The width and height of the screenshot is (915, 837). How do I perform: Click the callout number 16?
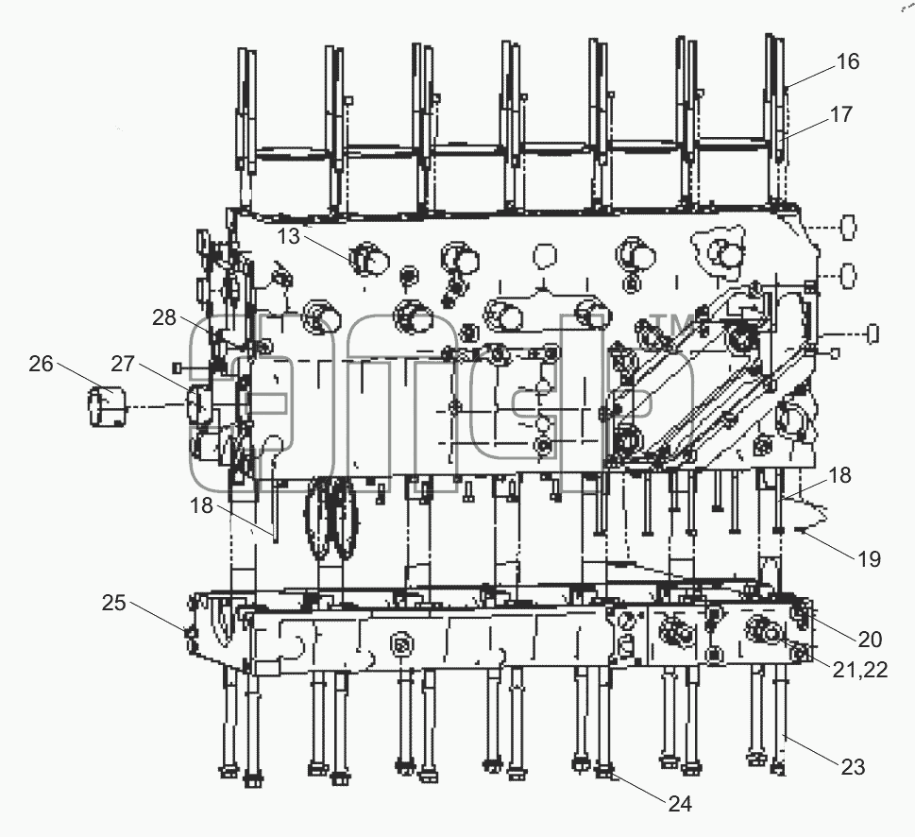point(847,61)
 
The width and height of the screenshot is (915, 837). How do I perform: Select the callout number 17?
point(841,114)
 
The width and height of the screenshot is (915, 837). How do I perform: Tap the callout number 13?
point(288,236)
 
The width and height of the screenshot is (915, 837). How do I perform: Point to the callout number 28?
point(164,317)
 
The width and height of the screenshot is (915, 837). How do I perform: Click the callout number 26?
point(41,364)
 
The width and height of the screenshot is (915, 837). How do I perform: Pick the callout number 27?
point(123,364)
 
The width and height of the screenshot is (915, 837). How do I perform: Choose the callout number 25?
point(114,603)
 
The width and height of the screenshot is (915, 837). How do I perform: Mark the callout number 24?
point(680,804)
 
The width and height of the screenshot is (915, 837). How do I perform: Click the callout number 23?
point(853,767)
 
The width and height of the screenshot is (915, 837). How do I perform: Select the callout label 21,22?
point(859,670)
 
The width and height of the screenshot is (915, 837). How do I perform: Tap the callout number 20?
point(870,640)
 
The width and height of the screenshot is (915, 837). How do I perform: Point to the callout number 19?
point(869,559)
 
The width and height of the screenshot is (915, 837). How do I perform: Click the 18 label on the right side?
point(839,475)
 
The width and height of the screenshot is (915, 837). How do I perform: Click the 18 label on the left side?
point(201,505)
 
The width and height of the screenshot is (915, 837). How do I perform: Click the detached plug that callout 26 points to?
point(107,405)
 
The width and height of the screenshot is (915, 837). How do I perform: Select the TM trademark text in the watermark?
point(672,324)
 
